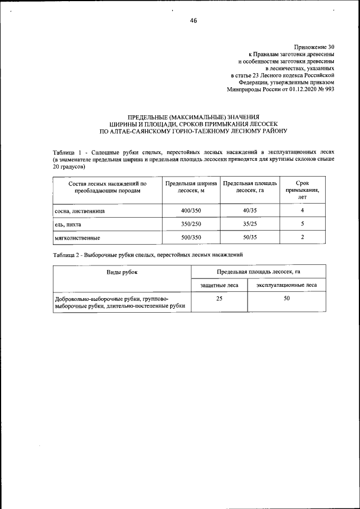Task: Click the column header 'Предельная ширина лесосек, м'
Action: pyautogui.click(x=191, y=187)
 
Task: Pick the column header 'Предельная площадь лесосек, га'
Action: pyautogui.click(x=250, y=187)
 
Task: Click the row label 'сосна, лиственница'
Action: pyautogui.click(x=80, y=211)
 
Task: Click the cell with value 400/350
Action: pyautogui.click(x=191, y=210)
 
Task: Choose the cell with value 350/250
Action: pyautogui.click(x=191, y=224)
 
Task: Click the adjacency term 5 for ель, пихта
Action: pyautogui.click(x=302, y=224)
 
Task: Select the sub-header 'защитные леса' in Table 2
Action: pyautogui.click(x=219, y=285)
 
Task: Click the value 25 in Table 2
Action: pyautogui.click(x=219, y=299)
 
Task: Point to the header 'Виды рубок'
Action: pyautogui.click(x=122, y=272)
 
